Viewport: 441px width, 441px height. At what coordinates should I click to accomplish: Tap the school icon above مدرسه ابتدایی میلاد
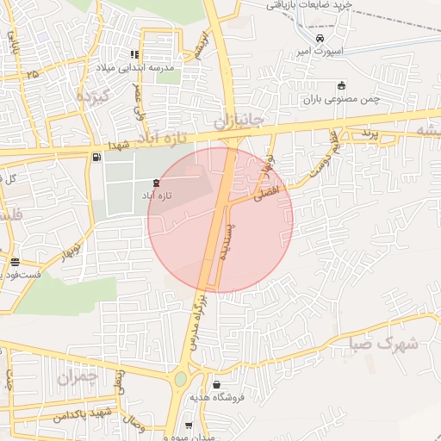(134, 54)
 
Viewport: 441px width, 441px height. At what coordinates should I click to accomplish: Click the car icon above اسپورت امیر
(320, 40)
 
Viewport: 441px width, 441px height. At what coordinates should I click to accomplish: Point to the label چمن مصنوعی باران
(341, 99)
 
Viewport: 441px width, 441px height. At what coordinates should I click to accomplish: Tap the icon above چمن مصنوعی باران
(342, 85)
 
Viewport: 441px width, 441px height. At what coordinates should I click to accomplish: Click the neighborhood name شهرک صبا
(384, 345)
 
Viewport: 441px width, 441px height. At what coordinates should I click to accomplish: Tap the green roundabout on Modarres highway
(181, 378)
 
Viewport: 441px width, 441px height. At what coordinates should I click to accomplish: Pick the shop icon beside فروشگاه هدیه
(215, 384)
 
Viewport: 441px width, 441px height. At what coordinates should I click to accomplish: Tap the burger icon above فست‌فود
(14, 263)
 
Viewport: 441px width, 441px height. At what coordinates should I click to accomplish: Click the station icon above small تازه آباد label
(155, 183)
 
